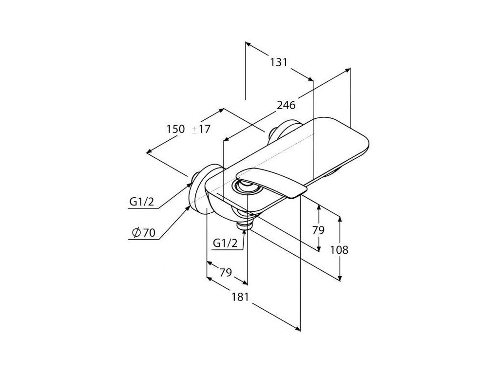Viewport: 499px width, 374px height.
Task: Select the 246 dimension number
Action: click(286, 105)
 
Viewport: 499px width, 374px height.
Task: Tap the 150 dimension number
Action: click(175, 129)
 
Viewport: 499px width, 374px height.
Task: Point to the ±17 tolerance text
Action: click(200, 129)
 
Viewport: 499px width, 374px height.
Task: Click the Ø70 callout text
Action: click(144, 233)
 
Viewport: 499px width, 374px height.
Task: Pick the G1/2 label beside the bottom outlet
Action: click(225, 243)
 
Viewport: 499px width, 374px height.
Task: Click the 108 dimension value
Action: click(339, 250)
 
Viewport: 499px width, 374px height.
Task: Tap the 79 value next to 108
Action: click(318, 230)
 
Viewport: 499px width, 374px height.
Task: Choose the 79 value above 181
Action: click(225, 272)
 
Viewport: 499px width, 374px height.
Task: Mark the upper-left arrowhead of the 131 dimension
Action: click(248, 44)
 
